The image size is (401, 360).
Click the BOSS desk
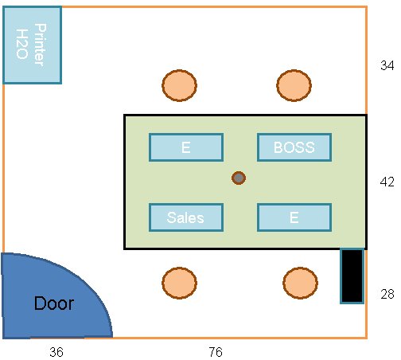pos(294,147)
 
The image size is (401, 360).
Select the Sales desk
pos(186,217)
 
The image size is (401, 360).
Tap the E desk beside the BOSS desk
pos(186,147)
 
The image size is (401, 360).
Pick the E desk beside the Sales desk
pos(294,217)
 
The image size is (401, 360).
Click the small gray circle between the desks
pos(239,178)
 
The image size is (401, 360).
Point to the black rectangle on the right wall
pos(352,276)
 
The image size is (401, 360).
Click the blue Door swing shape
pos(53,297)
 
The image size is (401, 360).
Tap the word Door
pos(54,303)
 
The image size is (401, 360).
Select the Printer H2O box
pos(32,45)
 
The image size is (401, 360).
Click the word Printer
pos(41,45)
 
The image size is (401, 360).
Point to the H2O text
pos(22,44)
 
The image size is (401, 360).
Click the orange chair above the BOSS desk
pos(294,85)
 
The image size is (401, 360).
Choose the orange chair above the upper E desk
pos(179,85)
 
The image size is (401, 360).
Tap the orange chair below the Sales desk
pos(179,283)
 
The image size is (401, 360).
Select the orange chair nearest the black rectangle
pos(300,283)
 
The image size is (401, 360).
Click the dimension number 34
pos(387,65)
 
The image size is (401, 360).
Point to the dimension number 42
pos(387,182)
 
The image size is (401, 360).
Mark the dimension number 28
pos(387,294)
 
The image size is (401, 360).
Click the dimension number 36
pos(56,352)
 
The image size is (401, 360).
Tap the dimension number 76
pos(216,352)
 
